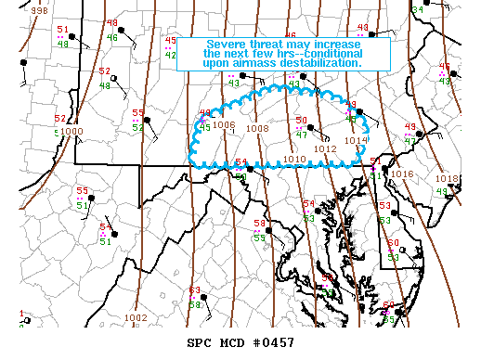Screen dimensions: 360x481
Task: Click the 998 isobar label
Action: click(39, 9)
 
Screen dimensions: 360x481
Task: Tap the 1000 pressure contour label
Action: click(72, 132)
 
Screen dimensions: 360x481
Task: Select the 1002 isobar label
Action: click(136, 318)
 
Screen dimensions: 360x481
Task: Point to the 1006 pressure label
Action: click(224, 125)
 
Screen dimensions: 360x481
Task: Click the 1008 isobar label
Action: click(257, 129)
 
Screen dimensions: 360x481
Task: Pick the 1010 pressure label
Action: click(294, 160)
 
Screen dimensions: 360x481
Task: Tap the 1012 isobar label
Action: click(325, 148)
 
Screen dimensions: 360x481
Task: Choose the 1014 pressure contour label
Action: click(356, 140)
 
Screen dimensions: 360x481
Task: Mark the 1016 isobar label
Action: click(402, 174)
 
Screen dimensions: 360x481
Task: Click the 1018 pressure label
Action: click(447, 178)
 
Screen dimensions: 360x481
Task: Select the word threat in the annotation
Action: click(270, 45)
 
